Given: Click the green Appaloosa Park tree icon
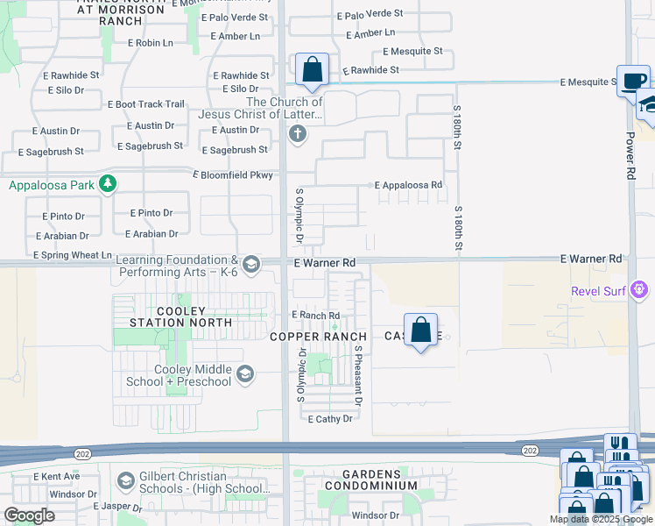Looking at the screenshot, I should (x=107, y=185).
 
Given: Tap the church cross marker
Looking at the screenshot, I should (x=298, y=133).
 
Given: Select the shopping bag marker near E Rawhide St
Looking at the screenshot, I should (x=312, y=69).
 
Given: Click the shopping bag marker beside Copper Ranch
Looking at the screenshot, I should (x=421, y=331).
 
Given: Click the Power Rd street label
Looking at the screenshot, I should (x=630, y=156).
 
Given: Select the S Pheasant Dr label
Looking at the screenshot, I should (x=358, y=374).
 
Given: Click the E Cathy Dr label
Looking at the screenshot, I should (x=330, y=419).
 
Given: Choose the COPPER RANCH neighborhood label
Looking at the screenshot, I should (x=318, y=337).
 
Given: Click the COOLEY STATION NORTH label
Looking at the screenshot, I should (x=180, y=316).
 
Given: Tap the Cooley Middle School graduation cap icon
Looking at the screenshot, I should (x=245, y=375).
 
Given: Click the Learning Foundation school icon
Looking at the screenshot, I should (x=250, y=264).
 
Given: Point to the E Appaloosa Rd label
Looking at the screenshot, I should (x=408, y=186).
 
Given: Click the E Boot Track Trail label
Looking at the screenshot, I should (x=146, y=104).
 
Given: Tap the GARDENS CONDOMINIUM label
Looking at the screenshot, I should (x=371, y=480).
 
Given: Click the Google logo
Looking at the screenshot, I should (x=29, y=515).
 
